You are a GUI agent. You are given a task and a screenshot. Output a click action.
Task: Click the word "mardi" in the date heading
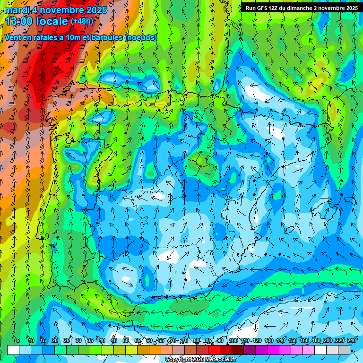click(x=17, y=10)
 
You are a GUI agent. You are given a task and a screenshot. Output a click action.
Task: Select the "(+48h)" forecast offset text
click(x=82, y=21)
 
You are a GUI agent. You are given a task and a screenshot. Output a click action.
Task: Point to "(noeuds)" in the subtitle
click(x=141, y=37)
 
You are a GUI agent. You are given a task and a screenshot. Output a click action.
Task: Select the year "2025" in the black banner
click(x=350, y=8)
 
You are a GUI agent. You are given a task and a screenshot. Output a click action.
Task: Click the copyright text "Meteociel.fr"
click(x=220, y=360)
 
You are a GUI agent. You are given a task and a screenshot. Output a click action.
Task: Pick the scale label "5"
click(x=18, y=341)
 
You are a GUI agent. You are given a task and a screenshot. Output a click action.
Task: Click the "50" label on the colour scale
click(x=126, y=341)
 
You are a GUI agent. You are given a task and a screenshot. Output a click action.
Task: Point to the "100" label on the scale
click(x=233, y=341)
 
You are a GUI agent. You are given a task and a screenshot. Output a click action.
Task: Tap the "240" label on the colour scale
click(x=352, y=341)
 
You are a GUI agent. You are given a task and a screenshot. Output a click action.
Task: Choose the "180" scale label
click(x=316, y=341)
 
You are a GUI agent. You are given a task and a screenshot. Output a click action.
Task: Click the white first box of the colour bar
click(x=13, y=350)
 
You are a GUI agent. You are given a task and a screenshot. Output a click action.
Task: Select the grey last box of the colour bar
click(x=345, y=350)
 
